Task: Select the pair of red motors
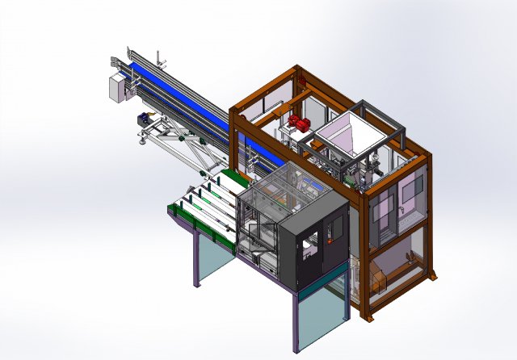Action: click(296, 123)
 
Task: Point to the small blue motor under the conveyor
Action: click(145, 119)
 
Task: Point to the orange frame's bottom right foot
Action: click(434, 277)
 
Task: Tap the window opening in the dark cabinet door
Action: click(307, 249)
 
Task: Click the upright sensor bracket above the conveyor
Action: click(160, 58)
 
